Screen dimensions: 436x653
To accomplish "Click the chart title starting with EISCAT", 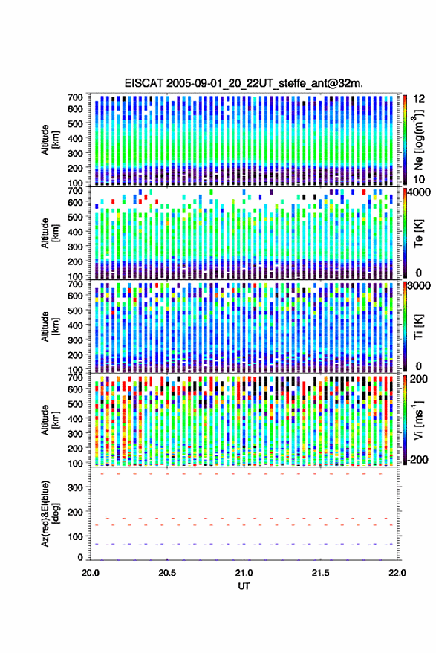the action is point(244,83).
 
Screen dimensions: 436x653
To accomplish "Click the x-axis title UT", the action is point(244,586).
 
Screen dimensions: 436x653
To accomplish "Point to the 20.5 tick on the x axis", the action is point(167,573).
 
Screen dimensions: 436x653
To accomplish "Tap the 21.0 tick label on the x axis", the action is point(244,573).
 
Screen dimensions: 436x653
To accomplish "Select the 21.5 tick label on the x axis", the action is point(320,573).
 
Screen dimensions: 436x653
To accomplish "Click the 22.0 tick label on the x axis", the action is point(397,573).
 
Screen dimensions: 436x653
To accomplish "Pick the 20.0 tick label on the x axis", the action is point(91,573).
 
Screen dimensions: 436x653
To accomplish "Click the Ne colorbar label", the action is point(419,140).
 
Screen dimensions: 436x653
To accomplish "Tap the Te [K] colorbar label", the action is point(418,233).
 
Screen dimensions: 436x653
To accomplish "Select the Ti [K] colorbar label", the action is point(418,326).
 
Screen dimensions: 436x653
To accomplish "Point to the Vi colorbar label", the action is point(418,420).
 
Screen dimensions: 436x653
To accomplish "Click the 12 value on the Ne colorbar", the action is point(419,99).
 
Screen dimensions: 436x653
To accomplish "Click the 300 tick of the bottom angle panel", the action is point(75,487).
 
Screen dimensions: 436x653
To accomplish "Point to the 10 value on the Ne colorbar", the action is point(419,180).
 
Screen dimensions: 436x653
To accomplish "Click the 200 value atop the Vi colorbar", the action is point(418,379).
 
